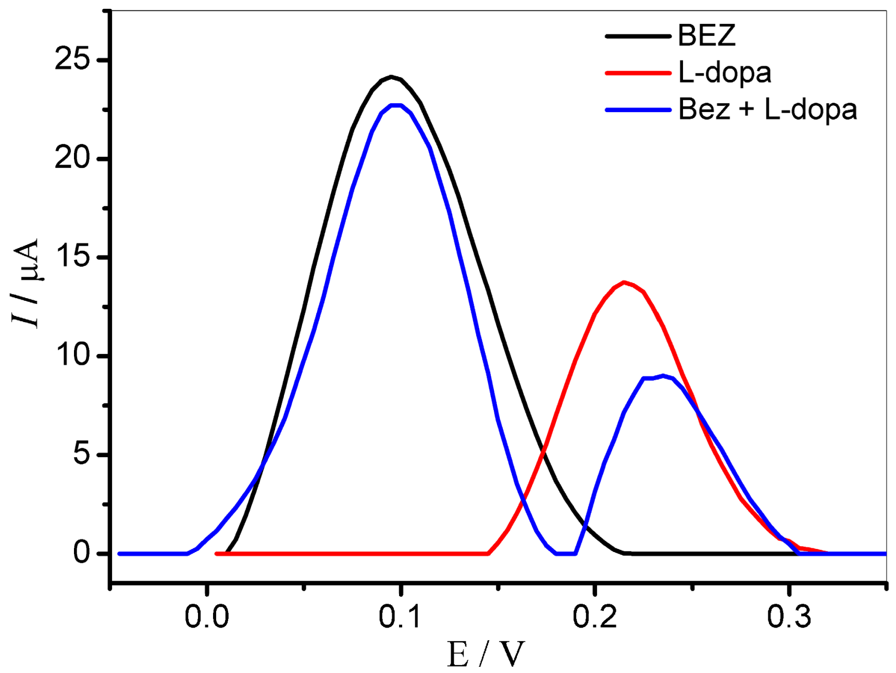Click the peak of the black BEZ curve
(x=391, y=77)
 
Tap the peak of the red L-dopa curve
(x=624, y=283)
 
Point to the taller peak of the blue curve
(x=397, y=105)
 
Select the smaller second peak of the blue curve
(x=662, y=375)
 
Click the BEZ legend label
(x=706, y=35)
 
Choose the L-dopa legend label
(x=724, y=72)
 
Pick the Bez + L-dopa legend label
(x=767, y=109)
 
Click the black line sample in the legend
(x=638, y=36)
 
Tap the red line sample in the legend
(x=638, y=73)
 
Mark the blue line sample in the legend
(x=638, y=110)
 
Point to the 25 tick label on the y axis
(x=72, y=60)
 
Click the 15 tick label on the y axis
(x=72, y=258)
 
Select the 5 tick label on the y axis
(x=82, y=455)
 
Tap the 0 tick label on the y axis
(x=82, y=553)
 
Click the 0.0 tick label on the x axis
(x=206, y=617)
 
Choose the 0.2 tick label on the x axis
(x=594, y=617)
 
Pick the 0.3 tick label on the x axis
(x=789, y=617)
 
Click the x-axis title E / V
(x=486, y=654)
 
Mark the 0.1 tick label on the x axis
(x=400, y=617)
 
